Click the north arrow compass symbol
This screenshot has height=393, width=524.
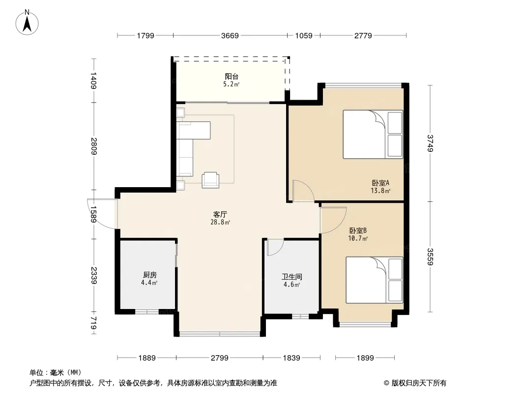tap(27, 23)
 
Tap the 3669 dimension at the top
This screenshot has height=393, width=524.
tap(230, 35)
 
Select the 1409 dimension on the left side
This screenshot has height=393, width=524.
tap(93, 81)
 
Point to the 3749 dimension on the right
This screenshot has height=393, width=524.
tap(430, 143)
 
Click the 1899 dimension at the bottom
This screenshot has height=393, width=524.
tap(365, 358)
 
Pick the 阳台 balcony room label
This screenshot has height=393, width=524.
tap(232, 77)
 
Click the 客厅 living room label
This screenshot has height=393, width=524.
tap(220, 214)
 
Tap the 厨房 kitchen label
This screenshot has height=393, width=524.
tap(150, 275)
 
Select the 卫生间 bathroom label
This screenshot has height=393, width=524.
tap(292, 277)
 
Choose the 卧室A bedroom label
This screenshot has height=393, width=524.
tap(380, 183)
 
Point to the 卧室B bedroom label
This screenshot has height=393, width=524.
tap(358, 230)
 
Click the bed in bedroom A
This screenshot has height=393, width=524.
tap(373, 134)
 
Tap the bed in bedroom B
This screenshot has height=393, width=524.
tap(374, 280)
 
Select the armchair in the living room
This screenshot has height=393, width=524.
tap(210, 180)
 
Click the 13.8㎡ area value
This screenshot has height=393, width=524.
tap(380, 191)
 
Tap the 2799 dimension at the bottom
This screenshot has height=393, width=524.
tap(220, 358)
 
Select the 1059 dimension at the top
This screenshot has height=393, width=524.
tap(304, 35)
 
